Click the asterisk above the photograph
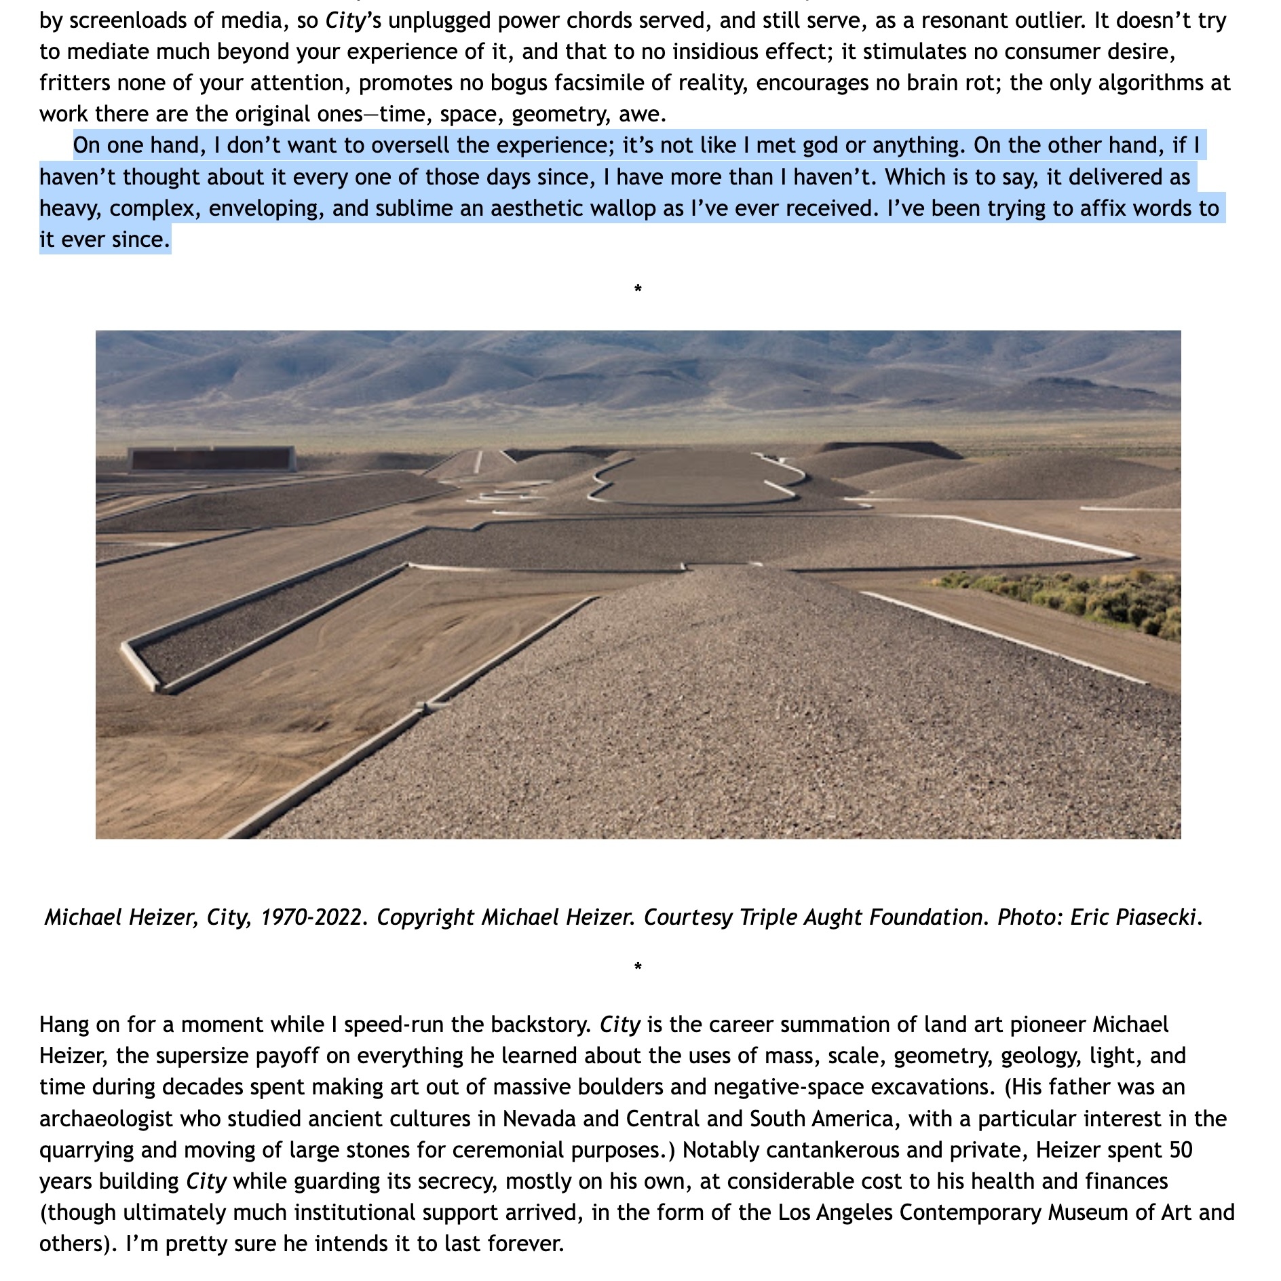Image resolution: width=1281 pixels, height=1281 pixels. [638, 290]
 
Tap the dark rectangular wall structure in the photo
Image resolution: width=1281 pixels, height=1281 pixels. [212, 459]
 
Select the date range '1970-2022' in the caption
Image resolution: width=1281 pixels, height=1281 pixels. [311, 917]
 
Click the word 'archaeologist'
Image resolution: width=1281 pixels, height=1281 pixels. [106, 1118]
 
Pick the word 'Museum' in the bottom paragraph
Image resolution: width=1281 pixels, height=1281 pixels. [1083, 1212]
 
